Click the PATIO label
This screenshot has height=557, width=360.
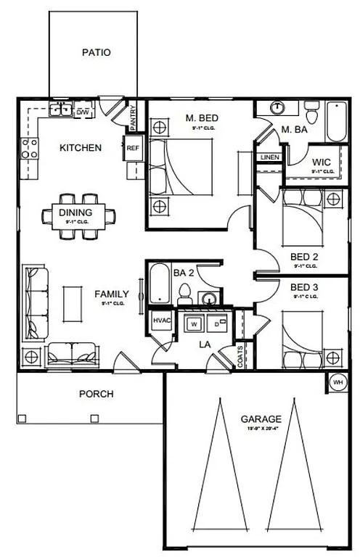tap(96, 52)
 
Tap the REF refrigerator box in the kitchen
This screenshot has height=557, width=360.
tap(133, 148)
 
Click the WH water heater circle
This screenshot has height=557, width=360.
tap(337, 381)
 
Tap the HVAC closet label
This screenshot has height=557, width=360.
tap(160, 321)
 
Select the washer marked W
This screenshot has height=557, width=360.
tap(194, 324)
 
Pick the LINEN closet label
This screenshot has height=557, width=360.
tap(268, 157)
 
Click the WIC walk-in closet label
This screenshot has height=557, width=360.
tap(322, 162)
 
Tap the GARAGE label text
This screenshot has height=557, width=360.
tap(261, 419)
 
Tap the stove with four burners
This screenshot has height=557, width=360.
tap(30, 149)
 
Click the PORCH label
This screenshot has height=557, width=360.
tap(96, 394)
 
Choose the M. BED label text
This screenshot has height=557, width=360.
tap(202, 117)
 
